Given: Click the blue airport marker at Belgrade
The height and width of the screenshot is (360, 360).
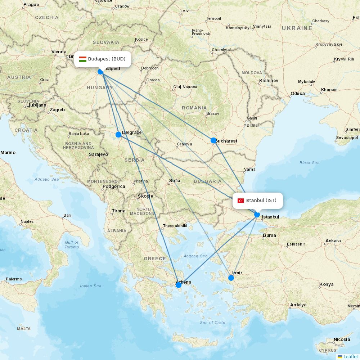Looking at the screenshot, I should tap(118, 135).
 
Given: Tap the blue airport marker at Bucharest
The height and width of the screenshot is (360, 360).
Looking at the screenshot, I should tap(213, 140).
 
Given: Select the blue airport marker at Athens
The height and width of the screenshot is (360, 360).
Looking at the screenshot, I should tap(178, 285).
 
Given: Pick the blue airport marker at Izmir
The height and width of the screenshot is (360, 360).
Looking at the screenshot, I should tap(231, 278).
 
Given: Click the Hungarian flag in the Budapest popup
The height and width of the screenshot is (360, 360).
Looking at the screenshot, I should tap(83, 59).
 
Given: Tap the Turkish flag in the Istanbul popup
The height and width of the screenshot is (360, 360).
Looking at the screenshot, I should tap(240, 201).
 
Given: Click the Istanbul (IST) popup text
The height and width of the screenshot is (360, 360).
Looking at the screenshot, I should tap(261, 201).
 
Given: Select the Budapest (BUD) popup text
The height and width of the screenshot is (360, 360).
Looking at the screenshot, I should tap(107, 59).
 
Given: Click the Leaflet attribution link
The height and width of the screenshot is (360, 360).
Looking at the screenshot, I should tap(351, 356).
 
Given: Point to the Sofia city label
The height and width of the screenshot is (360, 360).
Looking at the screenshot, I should tap(175, 181).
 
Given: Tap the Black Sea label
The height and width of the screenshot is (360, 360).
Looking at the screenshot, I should tap(309, 163).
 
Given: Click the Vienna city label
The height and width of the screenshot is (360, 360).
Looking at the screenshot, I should tap(59, 52).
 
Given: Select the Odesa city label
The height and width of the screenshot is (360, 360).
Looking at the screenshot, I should tap(297, 94).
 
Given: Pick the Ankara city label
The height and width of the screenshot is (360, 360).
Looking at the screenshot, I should tap(333, 241).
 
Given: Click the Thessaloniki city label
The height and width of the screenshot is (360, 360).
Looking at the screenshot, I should tap(175, 226).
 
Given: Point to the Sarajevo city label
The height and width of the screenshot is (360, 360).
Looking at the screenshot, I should tap(98, 154).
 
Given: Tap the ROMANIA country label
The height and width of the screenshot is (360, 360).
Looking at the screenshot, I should tap(194, 108).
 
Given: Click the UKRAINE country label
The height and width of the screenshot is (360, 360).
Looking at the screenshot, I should tap(297, 28).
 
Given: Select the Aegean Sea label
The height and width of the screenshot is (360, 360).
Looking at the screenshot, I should tap(195, 256).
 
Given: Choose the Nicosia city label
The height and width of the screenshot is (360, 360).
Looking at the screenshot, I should tap(342, 339).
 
